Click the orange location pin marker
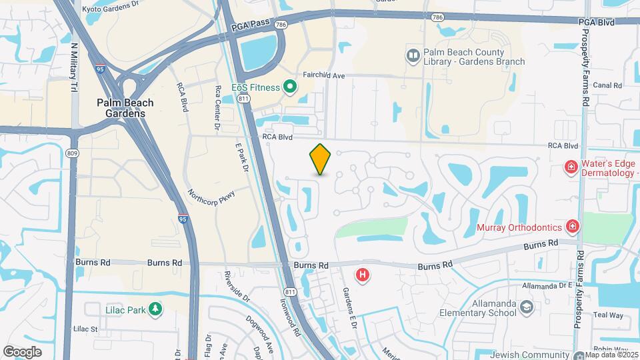[x=321, y=159]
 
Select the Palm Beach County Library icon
[x=413, y=54]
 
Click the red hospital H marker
[x=363, y=274]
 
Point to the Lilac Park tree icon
[x=155, y=309]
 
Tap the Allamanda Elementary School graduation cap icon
[x=527, y=307]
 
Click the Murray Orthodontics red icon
[x=572, y=227]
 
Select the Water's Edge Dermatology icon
[x=571, y=166]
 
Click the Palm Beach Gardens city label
[x=125, y=108]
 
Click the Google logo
[x=23, y=351]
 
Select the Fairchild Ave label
[x=323, y=76]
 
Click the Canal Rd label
[x=607, y=85]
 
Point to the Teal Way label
[x=607, y=315]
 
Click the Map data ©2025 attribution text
[x=611, y=354]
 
